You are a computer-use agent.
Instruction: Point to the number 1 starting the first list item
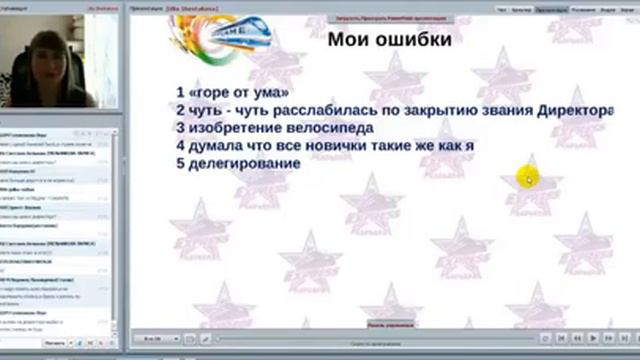point(179,93)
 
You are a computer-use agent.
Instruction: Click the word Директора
point(596,111)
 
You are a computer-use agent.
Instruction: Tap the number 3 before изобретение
point(179,128)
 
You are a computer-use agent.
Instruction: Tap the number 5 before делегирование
point(179,162)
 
